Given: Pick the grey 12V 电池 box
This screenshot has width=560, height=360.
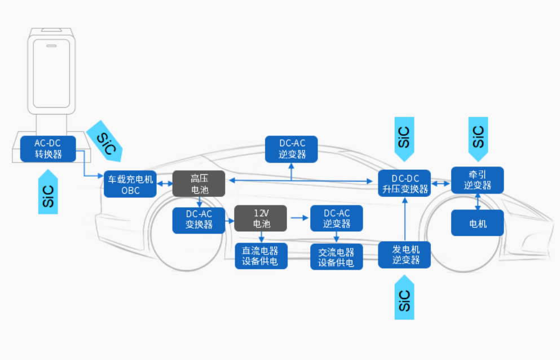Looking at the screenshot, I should click(x=261, y=218).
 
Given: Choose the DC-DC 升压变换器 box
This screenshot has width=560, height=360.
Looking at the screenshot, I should click(x=403, y=183).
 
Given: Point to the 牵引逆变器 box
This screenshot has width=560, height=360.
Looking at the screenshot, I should click(x=477, y=180).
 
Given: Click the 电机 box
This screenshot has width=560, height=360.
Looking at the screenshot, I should click(x=477, y=223).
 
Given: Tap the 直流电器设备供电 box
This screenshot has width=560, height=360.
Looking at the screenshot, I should click(x=261, y=256).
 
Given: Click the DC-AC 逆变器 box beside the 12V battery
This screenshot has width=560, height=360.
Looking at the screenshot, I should click(x=336, y=218).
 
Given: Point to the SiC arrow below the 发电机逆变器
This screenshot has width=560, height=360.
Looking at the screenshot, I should click(x=404, y=298).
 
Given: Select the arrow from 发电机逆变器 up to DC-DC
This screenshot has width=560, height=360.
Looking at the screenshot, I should click(x=404, y=219).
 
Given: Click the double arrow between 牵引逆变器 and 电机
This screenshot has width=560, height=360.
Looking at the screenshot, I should click(x=478, y=201).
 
